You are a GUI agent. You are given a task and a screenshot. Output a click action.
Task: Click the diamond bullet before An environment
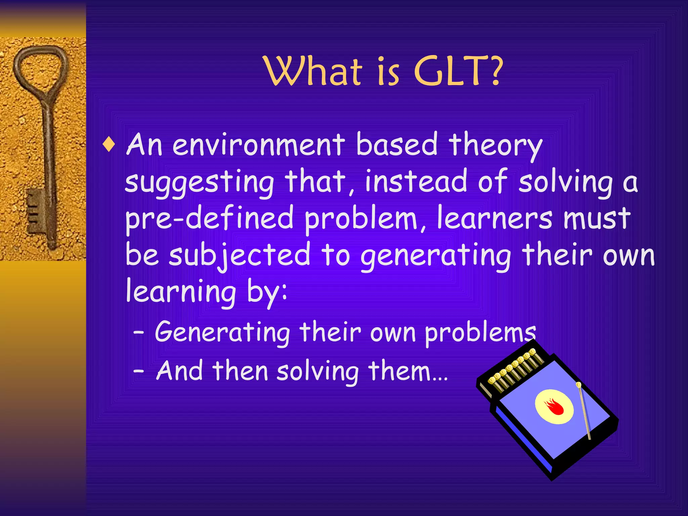[x=109, y=145]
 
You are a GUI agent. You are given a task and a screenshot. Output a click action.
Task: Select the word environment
[x=259, y=145]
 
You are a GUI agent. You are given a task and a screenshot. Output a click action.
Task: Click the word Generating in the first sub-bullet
[x=222, y=333]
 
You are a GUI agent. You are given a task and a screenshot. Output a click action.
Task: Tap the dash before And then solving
[x=138, y=371]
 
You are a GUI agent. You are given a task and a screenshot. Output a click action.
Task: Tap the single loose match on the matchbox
[x=584, y=410]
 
